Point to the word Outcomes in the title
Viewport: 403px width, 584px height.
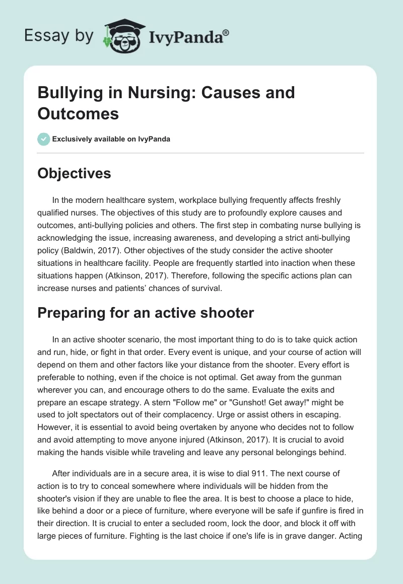pos(78,114)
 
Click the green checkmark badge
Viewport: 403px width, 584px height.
pos(44,139)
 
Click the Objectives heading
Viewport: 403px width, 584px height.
pos(74,173)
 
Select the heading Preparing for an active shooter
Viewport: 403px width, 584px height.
pos(146,313)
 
